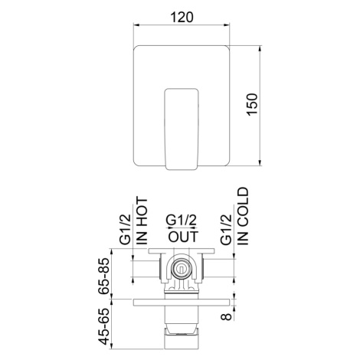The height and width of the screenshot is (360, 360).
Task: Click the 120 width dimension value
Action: [x=182, y=17]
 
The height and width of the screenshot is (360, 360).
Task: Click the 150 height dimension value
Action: [x=253, y=105]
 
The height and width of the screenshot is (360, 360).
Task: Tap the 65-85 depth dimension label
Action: [x=104, y=277]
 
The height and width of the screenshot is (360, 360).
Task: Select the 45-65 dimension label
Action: [x=104, y=327]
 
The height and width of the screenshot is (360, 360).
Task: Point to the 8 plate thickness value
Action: [x=226, y=316]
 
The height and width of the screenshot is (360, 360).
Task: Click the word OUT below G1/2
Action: [x=183, y=237]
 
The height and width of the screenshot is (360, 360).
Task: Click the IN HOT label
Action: [x=142, y=221]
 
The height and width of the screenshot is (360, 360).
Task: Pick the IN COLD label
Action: [x=243, y=216]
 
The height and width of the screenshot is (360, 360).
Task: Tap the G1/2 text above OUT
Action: [x=181, y=220]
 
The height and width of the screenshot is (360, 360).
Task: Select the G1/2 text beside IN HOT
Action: [x=126, y=229]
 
